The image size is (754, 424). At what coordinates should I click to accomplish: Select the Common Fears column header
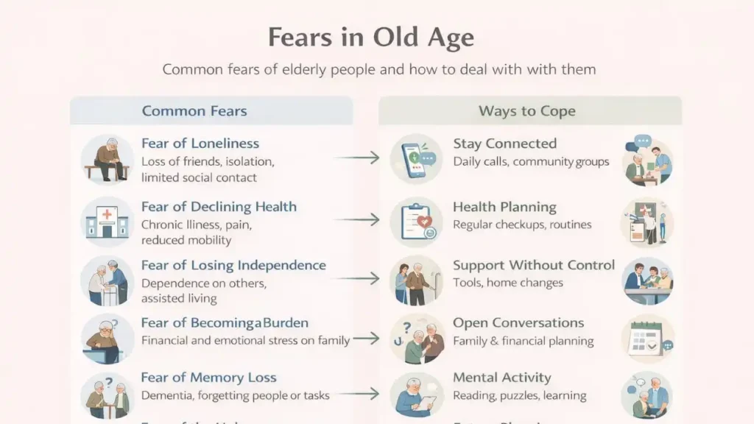pos(194,112)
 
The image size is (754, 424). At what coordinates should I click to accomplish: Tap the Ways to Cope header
pos(526,112)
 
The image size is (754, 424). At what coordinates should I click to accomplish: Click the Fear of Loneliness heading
pos(200,144)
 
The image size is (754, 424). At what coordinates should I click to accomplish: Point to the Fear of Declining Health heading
pos(219,207)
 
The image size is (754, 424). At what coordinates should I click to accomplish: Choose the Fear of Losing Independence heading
pos(233,265)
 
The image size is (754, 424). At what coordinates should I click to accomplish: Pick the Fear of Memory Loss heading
pos(209,378)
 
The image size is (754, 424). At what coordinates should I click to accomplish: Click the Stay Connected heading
pos(504,144)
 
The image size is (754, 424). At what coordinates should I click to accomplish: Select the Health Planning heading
pos(504,207)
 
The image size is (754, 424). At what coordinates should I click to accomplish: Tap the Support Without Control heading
pos(533,265)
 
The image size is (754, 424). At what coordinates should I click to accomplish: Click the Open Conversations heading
pos(518,322)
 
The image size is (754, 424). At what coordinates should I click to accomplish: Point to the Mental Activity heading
pos(502,378)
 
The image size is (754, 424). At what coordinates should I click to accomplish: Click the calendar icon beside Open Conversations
pos(647,338)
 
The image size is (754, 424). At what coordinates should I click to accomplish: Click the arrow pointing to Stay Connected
pos(356,157)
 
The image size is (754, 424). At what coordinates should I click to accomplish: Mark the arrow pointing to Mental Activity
pos(356,395)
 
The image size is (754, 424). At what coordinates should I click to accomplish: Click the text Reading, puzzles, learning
pos(519,396)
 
